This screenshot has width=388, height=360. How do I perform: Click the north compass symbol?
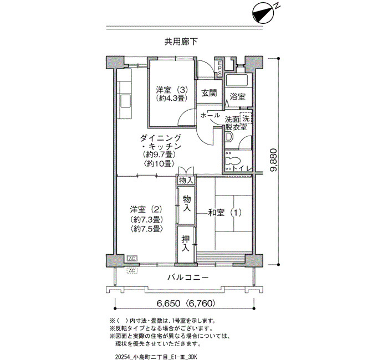pos(263,14)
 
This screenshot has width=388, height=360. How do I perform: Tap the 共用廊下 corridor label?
pos(181,42)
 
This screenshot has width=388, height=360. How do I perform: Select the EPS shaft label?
pos(219,68)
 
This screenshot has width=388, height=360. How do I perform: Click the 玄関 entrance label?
pos(209,93)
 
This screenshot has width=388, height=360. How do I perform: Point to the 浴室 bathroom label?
pos(238,96)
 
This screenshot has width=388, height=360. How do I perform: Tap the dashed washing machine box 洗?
pos(246,118)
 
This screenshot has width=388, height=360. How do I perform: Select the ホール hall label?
pos(210,115)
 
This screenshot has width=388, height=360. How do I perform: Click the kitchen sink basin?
pos(125,101)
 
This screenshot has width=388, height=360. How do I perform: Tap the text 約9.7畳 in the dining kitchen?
pos(159,155)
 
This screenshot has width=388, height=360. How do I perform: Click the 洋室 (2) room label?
pos(146,210)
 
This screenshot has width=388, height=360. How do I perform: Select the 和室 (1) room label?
pos(224,212)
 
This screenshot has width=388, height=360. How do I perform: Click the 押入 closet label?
pos(186,244)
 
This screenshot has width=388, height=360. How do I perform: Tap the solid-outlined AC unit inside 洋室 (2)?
pos(132,259)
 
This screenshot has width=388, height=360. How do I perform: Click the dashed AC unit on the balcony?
pos(132,270)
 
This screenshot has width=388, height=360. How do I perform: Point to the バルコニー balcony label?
pos(188,277)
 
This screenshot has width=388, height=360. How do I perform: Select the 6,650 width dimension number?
pos(169,303)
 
